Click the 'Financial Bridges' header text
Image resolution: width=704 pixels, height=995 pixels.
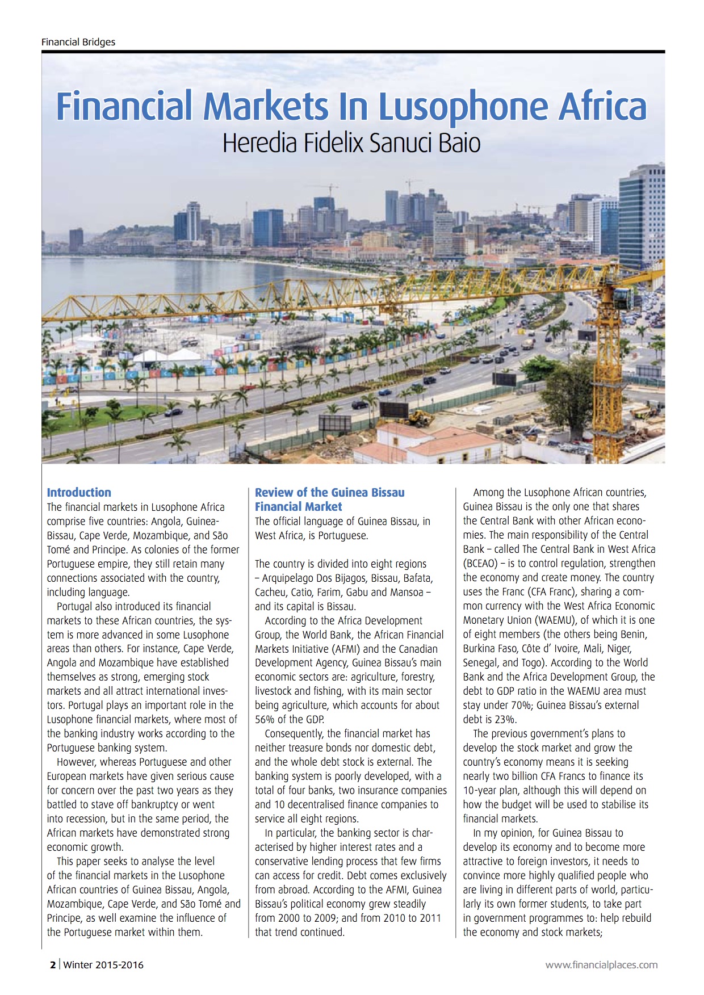click(x=78, y=42)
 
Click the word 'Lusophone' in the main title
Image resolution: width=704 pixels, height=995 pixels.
click(x=464, y=106)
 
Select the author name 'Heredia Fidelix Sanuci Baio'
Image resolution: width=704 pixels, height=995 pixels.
click(x=351, y=143)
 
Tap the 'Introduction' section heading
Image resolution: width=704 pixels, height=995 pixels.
click(x=79, y=492)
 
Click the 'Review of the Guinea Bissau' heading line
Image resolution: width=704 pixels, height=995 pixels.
click(x=329, y=492)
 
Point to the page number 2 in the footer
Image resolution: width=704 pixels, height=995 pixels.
click(x=53, y=964)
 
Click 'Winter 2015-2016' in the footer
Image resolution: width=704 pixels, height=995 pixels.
click(x=103, y=964)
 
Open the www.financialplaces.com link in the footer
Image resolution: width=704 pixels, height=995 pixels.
click(x=601, y=964)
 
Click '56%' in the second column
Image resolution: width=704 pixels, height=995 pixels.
click(x=265, y=720)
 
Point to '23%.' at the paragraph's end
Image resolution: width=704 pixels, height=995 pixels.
click(x=506, y=720)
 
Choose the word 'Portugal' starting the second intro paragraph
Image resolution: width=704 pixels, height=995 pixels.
click(x=74, y=606)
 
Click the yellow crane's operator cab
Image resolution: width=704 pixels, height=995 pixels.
click(x=623, y=297)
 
